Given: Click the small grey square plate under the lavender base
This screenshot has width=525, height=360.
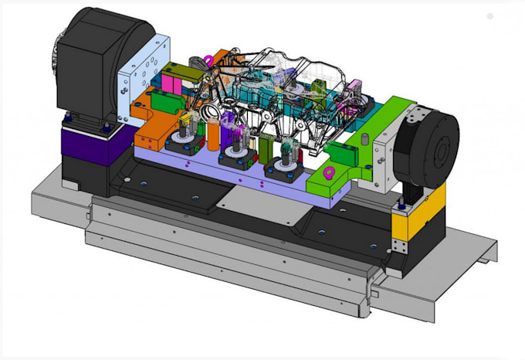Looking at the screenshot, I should click(240, 199).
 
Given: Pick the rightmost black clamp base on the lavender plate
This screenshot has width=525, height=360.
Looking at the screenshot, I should click(283, 169).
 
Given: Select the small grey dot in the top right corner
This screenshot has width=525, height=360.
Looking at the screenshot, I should click(489, 15).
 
